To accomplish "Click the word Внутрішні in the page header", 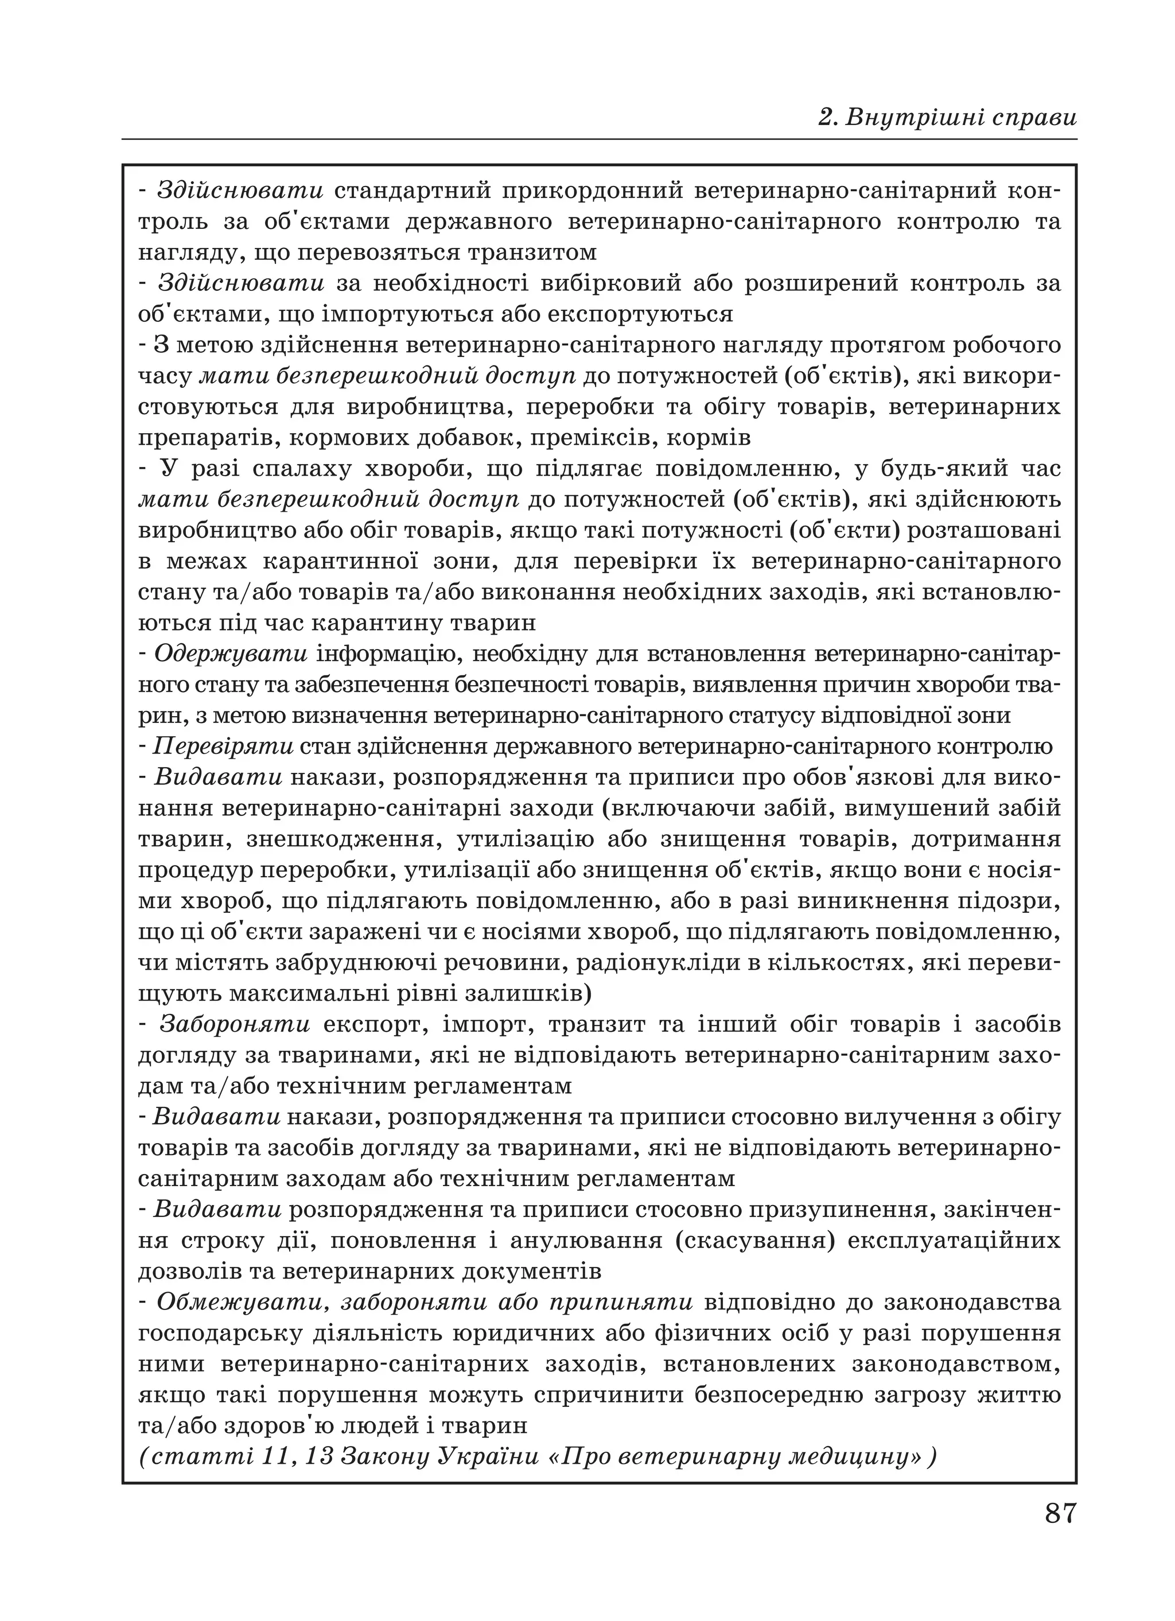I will (x=912, y=117).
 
